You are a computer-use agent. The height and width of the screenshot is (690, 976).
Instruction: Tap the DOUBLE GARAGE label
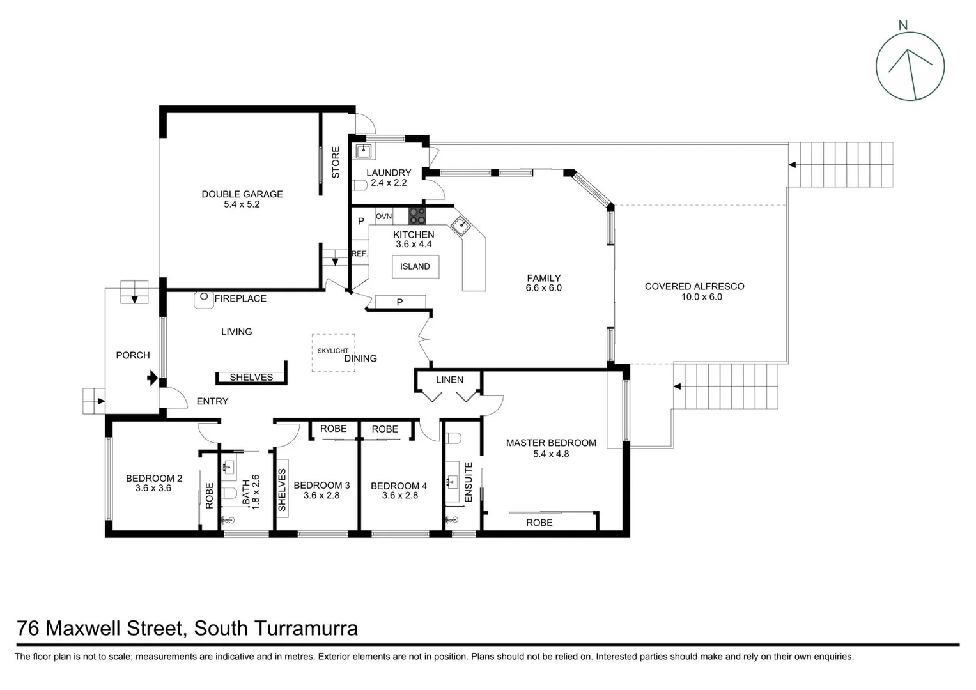[242, 194]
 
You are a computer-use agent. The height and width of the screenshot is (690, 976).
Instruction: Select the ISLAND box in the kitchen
[415, 266]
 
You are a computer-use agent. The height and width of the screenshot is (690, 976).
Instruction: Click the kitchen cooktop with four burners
[417, 215]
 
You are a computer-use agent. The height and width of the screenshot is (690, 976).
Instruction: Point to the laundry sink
[364, 151]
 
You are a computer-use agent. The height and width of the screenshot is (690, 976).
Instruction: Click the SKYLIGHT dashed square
[333, 353]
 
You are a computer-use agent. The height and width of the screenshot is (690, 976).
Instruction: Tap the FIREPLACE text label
[240, 298]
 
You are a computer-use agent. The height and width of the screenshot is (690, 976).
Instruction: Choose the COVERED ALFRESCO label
[694, 287]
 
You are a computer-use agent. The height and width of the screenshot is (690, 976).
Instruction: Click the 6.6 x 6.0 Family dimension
[543, 288]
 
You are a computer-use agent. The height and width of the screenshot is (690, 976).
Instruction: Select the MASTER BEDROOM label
[551, 443]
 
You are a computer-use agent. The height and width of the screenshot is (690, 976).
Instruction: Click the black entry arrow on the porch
[152, 378]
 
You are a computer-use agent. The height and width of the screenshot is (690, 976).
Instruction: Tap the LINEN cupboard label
[449, 379]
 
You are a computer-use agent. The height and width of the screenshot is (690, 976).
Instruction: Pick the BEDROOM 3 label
[321, 486]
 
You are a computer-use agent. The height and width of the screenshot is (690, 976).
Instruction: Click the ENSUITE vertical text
[469, 482]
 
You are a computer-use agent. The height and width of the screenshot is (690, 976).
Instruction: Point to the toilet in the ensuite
[454, 438]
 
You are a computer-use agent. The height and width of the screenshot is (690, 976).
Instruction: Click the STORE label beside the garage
[336, 162]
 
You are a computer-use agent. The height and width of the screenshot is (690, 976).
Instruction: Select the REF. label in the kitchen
[360, 254]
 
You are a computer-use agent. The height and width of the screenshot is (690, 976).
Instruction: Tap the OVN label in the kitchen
[383, 217]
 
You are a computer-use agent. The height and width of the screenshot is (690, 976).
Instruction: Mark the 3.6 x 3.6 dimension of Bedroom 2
[153, 488]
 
